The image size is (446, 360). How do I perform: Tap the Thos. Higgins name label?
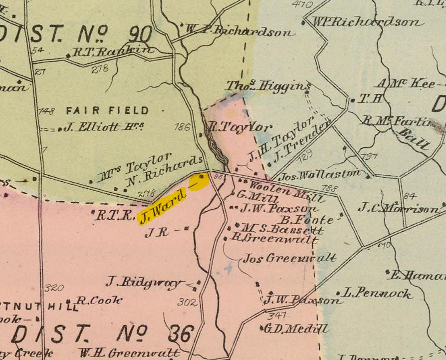pos(268,86)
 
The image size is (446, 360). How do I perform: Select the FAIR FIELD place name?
pos(107,110)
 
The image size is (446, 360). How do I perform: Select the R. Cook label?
pos(99,301)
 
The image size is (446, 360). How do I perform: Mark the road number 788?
pos(330,188)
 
